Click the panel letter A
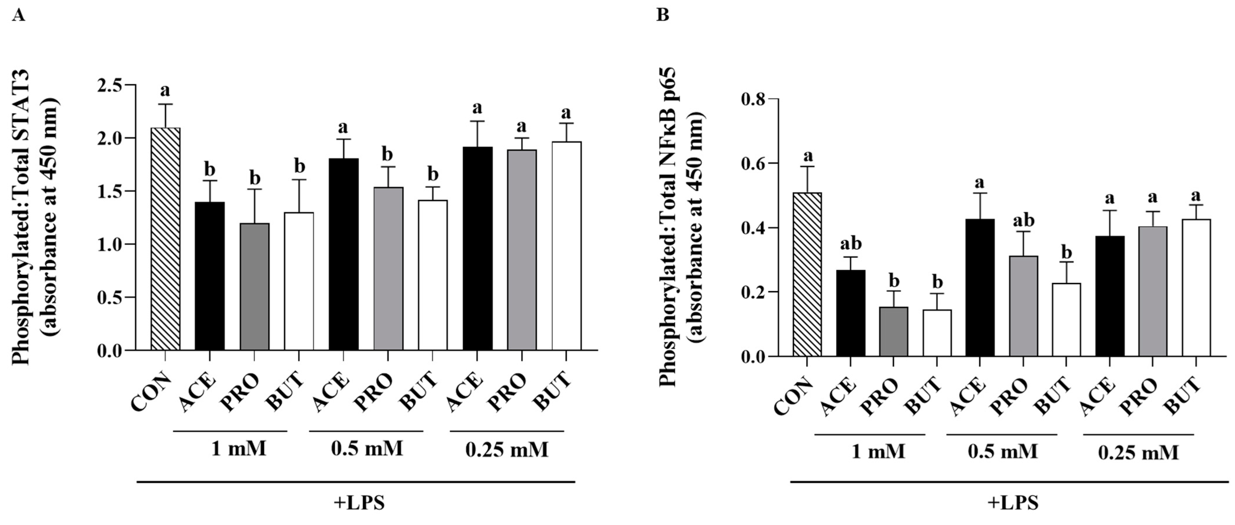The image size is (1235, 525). (x=19, y=15)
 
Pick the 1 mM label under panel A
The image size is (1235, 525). (x=238, y=449)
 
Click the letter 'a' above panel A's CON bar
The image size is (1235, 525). (x=165, y=90)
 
